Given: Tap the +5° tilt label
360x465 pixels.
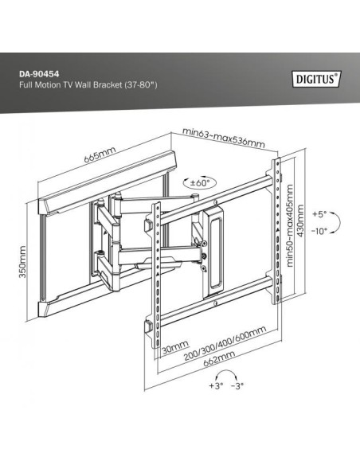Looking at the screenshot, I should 319,214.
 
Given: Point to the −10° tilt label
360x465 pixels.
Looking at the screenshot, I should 319,231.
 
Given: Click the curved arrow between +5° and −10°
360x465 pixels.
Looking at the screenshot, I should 336,222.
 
